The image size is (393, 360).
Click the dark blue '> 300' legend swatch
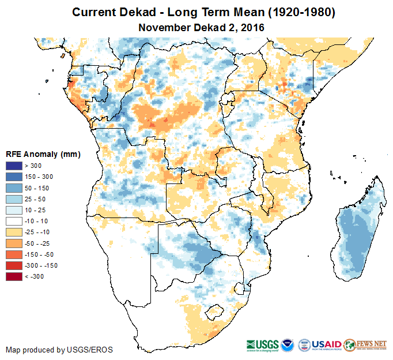(x=14, y=166)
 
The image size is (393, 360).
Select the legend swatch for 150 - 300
(x=14, y=177)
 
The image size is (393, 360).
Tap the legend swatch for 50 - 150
(x=14, y=188)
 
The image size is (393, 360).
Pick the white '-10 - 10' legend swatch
(x=14, y=221)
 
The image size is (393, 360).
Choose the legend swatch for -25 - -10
(x=14, y=232)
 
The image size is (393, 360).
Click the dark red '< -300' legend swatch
(x=14, y=276)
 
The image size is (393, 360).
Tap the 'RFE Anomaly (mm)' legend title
(x=43, y=155)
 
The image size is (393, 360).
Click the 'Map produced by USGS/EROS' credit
(x=59, y=350)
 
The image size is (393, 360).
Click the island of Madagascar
(x=356, y=237)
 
